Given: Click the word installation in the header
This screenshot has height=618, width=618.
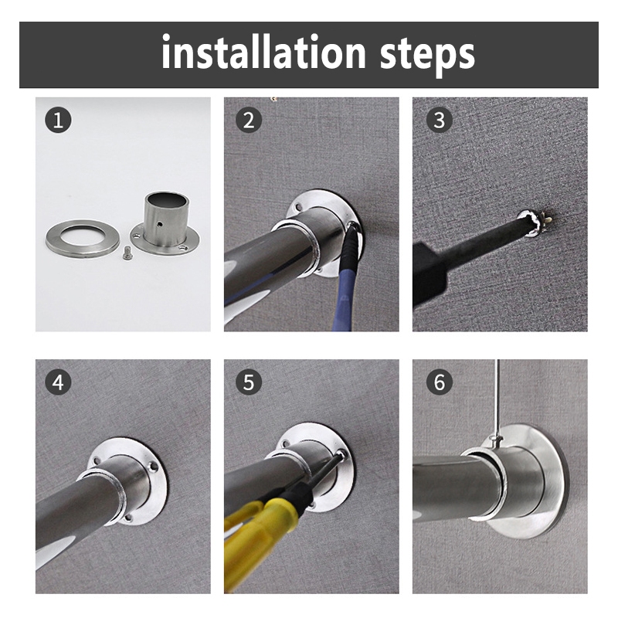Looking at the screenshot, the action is [263, 53].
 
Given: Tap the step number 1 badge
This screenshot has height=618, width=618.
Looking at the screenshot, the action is [58, 121].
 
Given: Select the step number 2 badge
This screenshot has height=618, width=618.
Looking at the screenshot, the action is [249, 121].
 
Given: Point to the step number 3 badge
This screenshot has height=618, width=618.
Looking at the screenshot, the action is [440, 121].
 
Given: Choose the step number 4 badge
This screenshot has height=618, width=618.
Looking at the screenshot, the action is [58, 382].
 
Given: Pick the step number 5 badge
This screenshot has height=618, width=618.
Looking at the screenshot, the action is [249, 382].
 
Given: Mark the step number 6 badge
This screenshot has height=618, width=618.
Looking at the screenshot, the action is [440, 382].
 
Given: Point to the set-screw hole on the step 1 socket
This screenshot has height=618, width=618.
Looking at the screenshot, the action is [160, 224].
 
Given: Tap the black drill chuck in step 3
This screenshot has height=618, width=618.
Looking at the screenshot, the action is [430, 276].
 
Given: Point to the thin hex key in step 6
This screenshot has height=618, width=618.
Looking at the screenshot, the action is [497, 399].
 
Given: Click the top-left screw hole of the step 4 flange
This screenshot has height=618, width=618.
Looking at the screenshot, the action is [96, 460].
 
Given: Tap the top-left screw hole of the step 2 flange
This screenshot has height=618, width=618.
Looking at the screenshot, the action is [299, 206].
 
